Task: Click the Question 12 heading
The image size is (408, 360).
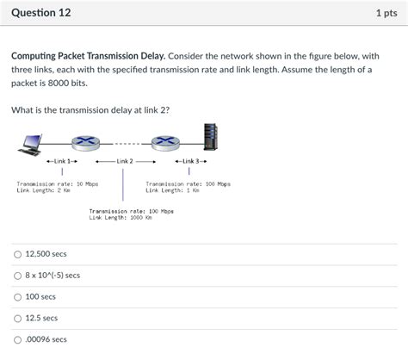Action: point(41,14)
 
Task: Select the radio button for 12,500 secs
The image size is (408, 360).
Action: point(17,254)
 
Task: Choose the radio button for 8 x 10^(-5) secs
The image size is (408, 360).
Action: point(17,276)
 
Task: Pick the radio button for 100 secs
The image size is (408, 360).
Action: point(17,296)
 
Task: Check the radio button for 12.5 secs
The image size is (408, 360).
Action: point(17,318)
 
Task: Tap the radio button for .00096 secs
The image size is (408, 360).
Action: point(17,339)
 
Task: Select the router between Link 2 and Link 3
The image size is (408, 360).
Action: point(162,142)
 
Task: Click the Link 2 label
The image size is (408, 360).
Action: point(125,161)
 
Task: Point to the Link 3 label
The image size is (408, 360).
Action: point(190,161)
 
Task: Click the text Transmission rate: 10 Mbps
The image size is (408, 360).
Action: point(58,183)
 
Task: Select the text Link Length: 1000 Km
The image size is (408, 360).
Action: point(121,217)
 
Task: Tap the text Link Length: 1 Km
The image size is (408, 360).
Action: point(173,190)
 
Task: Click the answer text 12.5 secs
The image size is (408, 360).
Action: point(41,318)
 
